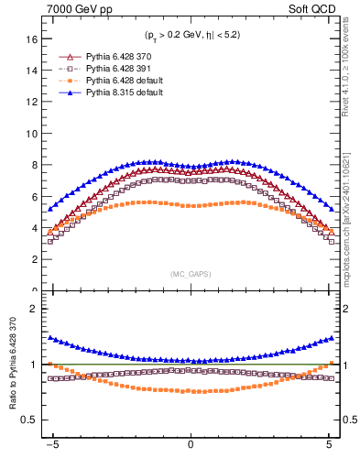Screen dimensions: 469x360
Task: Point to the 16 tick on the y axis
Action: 29,38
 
